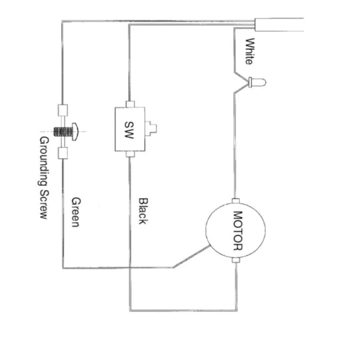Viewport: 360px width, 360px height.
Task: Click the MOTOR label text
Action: pyautogui.click(x=238, y=231)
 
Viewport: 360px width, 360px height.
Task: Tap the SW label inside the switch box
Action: pyautogui.click(x=129, y=130)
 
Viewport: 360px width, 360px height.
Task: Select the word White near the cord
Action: pyautogui.click(x=250, y=51)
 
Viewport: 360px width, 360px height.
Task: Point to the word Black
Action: pyautogui.click(x=143, y=211)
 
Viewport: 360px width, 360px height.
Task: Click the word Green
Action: pyautogui.click(x=76, y=212)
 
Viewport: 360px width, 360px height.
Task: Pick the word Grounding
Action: pyautogui.click(x=43, y=161)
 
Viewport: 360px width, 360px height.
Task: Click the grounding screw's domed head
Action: pyautogui.click(x=75, y=131)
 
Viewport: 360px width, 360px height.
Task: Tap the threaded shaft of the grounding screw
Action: pyautogui.click(x=63, y=132)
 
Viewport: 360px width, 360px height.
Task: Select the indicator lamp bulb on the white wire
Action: pyautogui.click(x=257, y=82)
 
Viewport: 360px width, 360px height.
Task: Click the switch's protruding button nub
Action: pyautogui.click(x=151, y=129)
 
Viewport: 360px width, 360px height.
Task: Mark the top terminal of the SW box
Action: pyautogui.click(x=130, y=104)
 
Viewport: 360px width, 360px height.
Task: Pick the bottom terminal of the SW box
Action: pyautogui.click(x=130, y=154)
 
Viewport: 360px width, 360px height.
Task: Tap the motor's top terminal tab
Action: pyautogui.click(x=235, y=201)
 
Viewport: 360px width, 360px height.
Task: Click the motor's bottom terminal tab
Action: pyautogui.click(x=236, y=260)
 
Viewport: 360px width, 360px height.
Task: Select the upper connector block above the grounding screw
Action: pyautogui.click(x=63, y=111)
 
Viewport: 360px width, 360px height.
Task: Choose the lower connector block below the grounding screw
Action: pyautogui.click(x=63, y=153)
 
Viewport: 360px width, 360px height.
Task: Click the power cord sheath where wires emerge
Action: pyautogui.click(x=279, y=25)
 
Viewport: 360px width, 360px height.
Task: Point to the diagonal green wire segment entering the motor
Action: pyautogui.click(x=191, y=257)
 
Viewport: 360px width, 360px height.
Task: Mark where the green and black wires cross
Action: pyautogui.click(x=130, y=268)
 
